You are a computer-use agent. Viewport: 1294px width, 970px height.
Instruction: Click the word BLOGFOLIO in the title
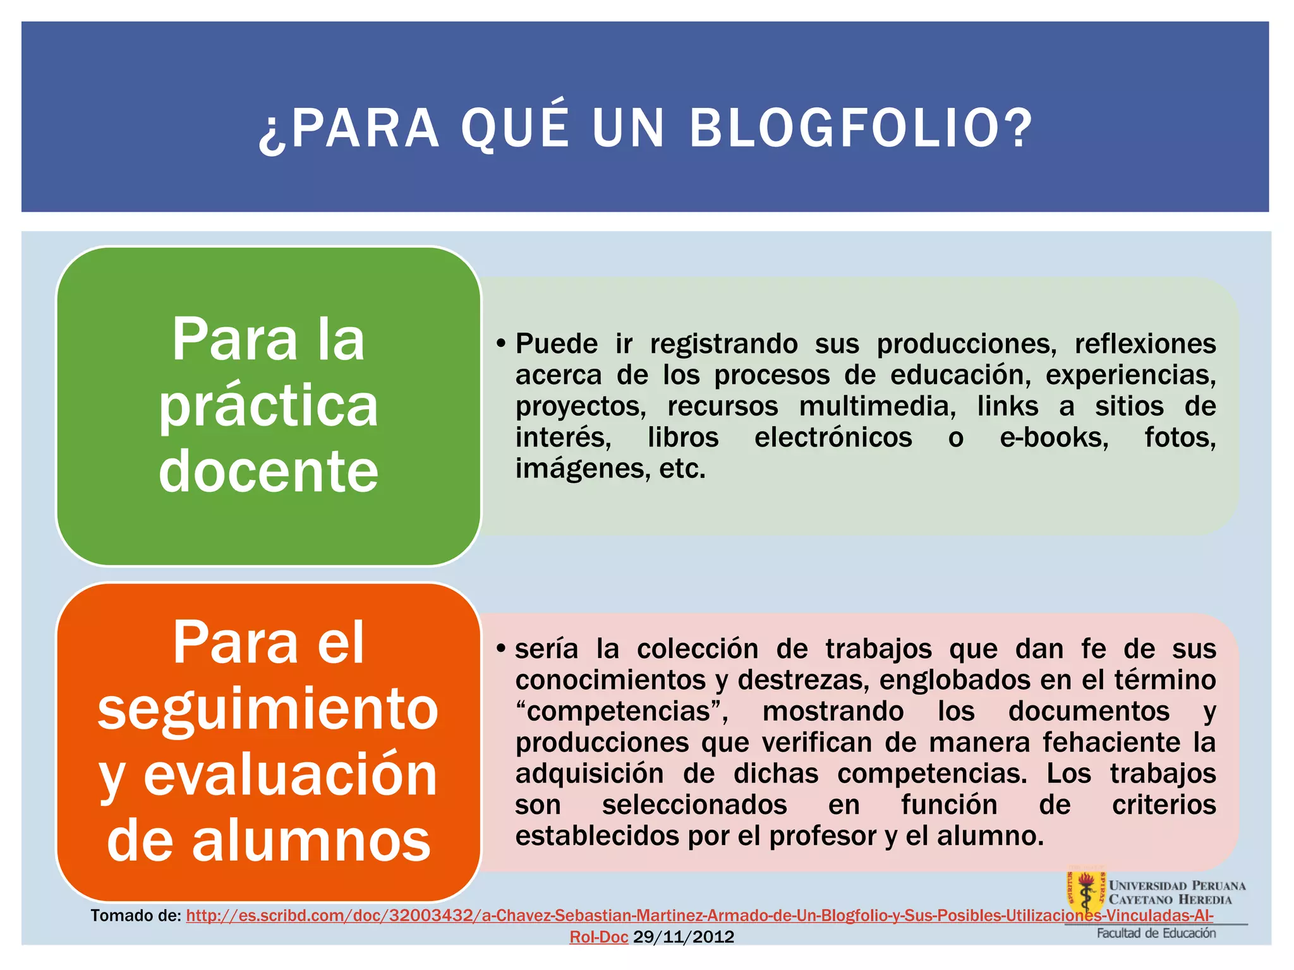pos(861,129)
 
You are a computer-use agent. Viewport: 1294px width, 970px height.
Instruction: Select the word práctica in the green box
pos(269,406)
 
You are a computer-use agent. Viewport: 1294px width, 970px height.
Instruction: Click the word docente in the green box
pos(269,471)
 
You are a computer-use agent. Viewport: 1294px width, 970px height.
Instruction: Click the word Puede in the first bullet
pos(557,344)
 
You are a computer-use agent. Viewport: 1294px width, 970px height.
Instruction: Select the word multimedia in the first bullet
pos(878,407)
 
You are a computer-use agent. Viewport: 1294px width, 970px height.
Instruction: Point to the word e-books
pos(1054,438)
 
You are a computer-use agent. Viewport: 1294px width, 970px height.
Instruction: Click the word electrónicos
pos(833,438)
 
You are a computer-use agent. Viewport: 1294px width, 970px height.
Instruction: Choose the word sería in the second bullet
pos(547,649)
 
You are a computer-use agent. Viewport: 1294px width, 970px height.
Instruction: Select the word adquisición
pos(590,774)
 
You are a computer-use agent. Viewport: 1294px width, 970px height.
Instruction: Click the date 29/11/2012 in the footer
pos(684,937)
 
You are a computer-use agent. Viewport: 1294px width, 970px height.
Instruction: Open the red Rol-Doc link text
pos(598,937)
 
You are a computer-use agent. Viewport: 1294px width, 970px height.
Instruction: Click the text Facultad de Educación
pos(1156,933)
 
